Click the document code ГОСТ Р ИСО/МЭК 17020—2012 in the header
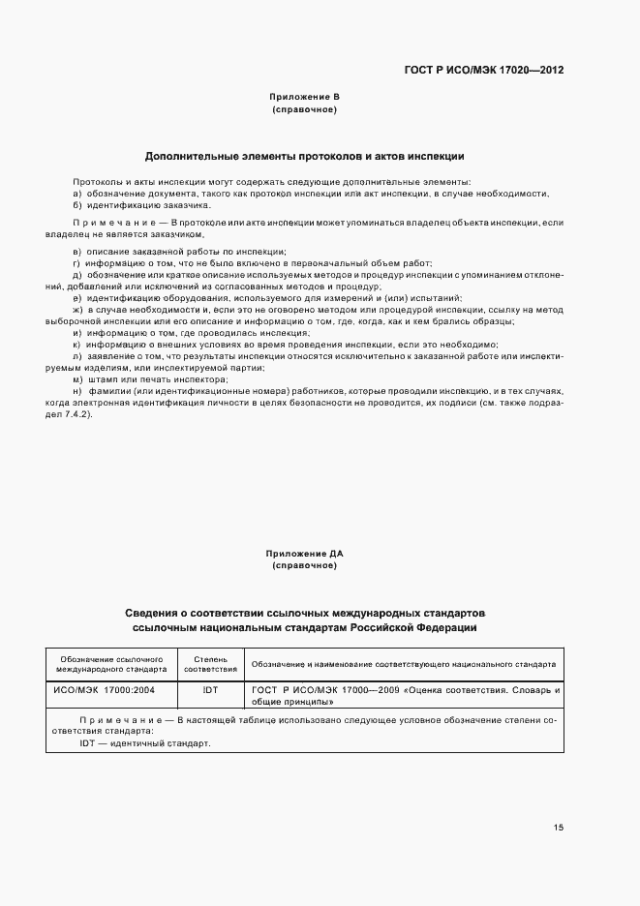click(x=484, y=71)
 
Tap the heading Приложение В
click(x=305, y=97)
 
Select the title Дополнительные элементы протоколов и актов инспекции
click(x=305, y=155)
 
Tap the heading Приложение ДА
click(x=305, y=553)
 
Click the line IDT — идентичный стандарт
click(x=144, y=743)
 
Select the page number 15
click(x=559, y=828)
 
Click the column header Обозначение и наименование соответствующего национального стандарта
click(x=403, y=664)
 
